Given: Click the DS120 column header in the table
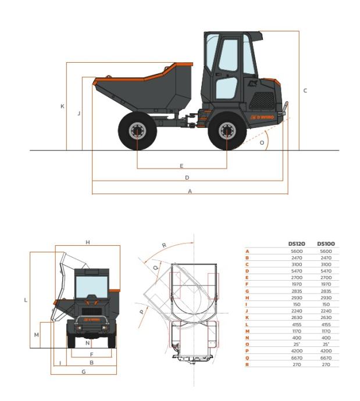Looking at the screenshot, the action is (x=297, y=244).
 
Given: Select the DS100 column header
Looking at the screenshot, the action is (x=326, y=244).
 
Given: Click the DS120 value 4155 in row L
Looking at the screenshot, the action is (x=297, y=324).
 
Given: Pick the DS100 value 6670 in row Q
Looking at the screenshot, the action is (x=326, y=358).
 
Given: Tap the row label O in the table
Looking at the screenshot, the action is (x=247, y=344).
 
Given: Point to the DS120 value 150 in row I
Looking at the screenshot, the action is (x=297, y=305).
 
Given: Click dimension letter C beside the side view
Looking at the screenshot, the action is (x=305, y=91).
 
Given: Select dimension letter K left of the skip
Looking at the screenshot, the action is (x=62, y=106).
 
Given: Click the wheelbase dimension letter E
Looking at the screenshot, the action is (x=181, y=166).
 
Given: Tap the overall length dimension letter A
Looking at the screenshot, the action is (x=190, y=191).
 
